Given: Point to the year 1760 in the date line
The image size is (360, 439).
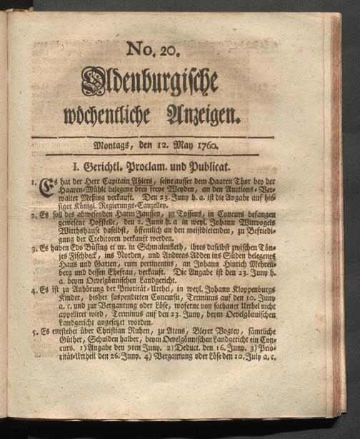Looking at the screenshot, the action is (204, 148).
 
